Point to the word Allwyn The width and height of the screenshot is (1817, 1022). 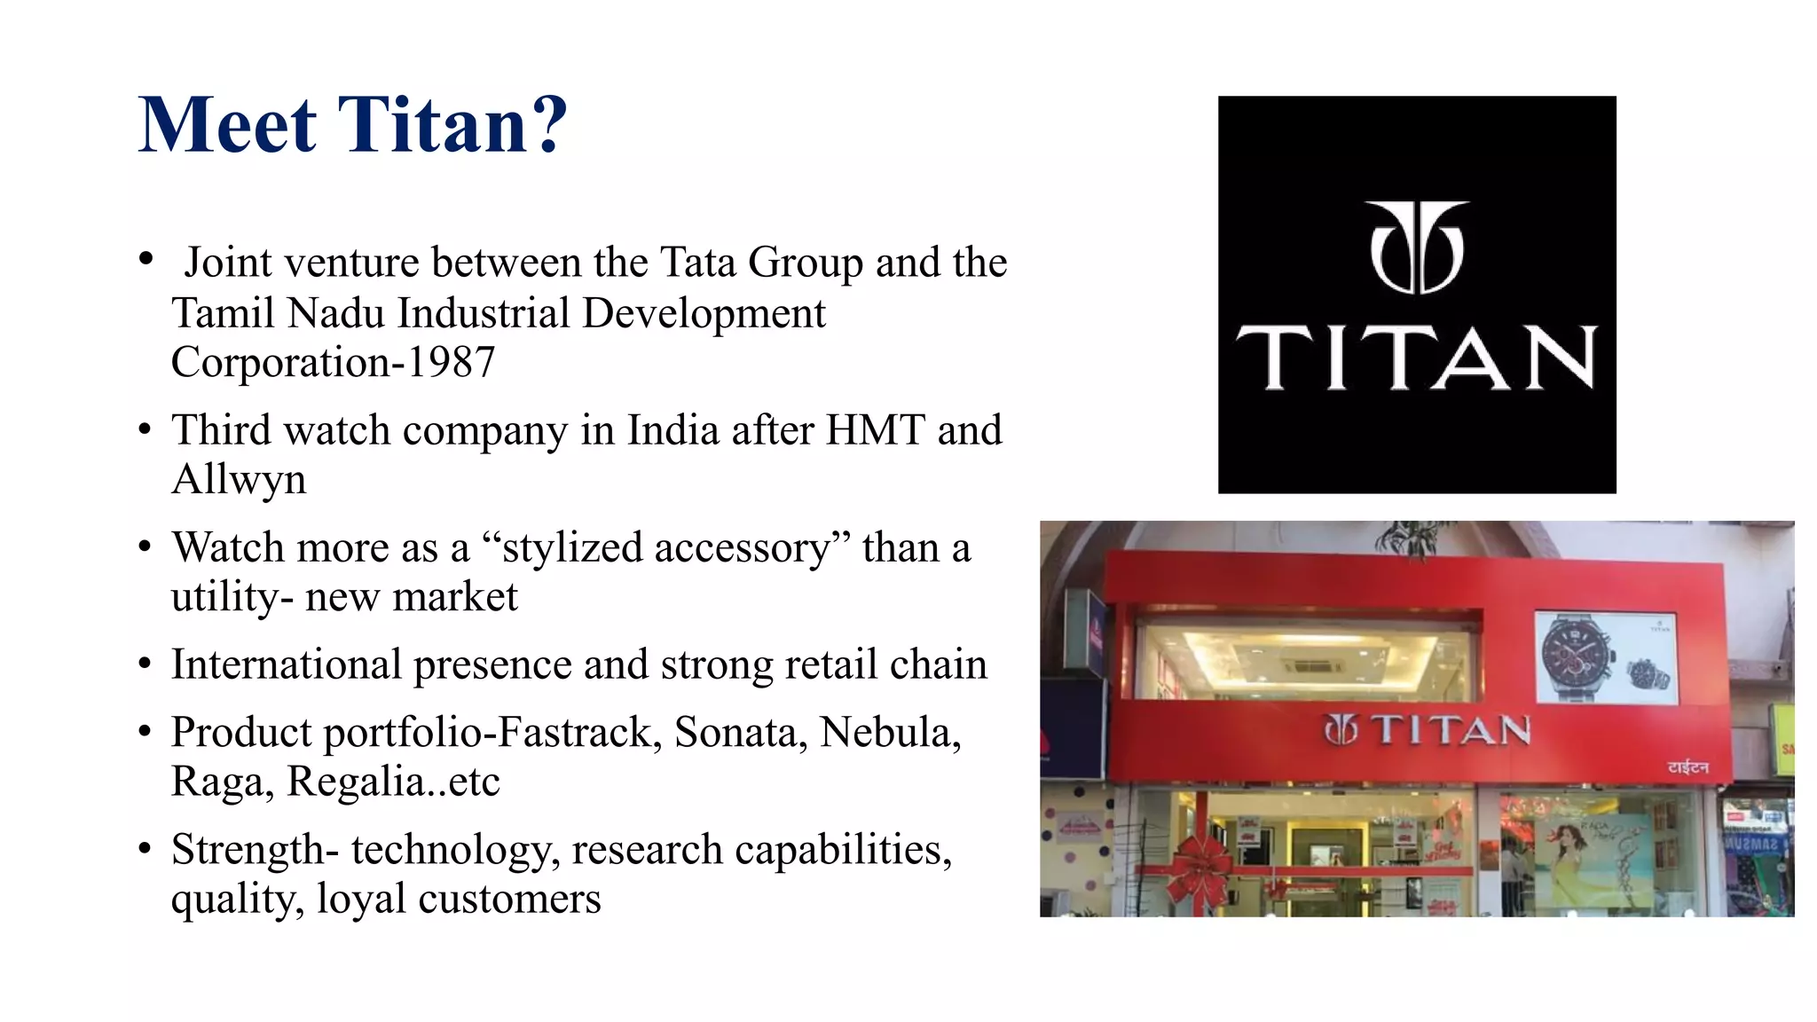tap(239, 480)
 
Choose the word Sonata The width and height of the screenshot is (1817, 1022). tap(741, 733)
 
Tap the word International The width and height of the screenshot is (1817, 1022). tap(286, 665)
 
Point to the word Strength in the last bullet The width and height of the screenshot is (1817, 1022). tap(248, 850)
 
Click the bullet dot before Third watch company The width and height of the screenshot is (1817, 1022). tap(146, 430)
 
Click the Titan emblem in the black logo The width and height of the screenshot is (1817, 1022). tap(1417, 248)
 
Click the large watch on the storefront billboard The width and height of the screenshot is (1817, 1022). tap(1577, 659)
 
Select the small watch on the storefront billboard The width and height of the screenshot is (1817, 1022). tap(1649, 677)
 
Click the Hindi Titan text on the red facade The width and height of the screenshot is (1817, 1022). tap(1687, 766)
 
